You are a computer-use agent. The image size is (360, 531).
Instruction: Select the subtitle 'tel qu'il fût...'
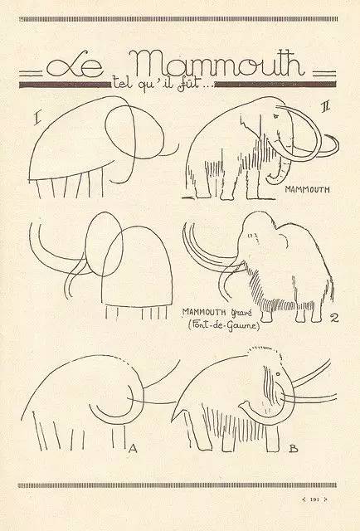point(162,85)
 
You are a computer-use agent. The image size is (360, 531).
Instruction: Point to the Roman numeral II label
point(326,107)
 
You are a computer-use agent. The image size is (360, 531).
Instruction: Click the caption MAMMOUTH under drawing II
point(307,189)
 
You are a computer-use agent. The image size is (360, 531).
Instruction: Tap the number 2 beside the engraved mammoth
point(334,318)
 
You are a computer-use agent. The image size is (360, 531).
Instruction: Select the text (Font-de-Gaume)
point(224,325)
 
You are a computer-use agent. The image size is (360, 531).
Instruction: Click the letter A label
point(133,449)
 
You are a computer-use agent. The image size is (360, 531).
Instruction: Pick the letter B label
point(294,449)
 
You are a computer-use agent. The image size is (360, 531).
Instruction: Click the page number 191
point(315,499)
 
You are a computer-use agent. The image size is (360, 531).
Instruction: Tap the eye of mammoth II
point(275,116)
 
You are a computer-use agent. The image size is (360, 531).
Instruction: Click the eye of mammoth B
point(278,374)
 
